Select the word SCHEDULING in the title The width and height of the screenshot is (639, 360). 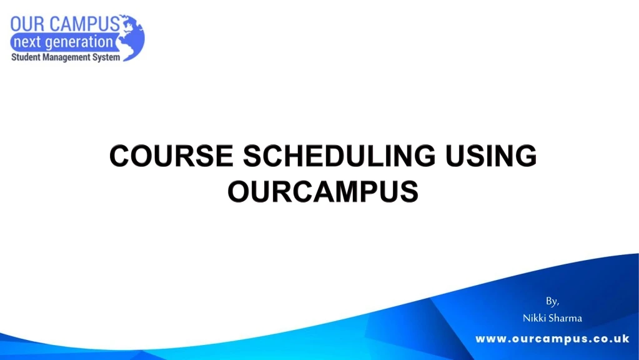(337, 156)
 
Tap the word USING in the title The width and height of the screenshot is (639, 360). (490, 156)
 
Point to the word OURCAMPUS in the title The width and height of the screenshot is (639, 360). (323, 191)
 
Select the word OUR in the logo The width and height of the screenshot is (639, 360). (28, 24)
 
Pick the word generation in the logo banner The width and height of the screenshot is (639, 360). (81, 42)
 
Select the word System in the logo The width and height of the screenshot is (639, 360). (107, 58)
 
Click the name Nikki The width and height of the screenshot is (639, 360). (535, 318)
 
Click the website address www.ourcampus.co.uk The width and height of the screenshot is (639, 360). (552, 339)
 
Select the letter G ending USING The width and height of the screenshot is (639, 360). (527, 156)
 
